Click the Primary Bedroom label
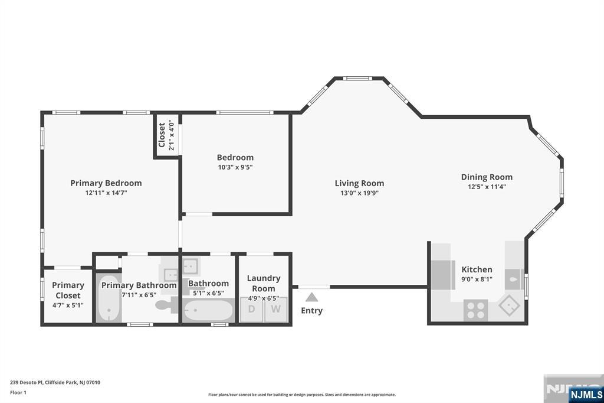click(x=106, y=183)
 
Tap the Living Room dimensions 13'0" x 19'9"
click(x=359, y=193)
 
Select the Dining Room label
click(x=487, y=177)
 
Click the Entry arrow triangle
click(x=311, y=297)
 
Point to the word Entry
click(x=311, y=311)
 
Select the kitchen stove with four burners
click(x=476, y=309)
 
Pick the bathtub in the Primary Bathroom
click(x=108, y=298)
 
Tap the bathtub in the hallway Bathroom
click(x=208, y=310)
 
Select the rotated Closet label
click(x=162, y=135)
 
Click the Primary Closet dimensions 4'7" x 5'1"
click(x=68, y=305)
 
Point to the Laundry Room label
click(x=264, y=283)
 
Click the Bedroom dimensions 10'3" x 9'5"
click(x=235, y=167)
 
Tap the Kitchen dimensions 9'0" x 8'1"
click(x=477, y=279)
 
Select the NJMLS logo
click(x=585, y=394)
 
